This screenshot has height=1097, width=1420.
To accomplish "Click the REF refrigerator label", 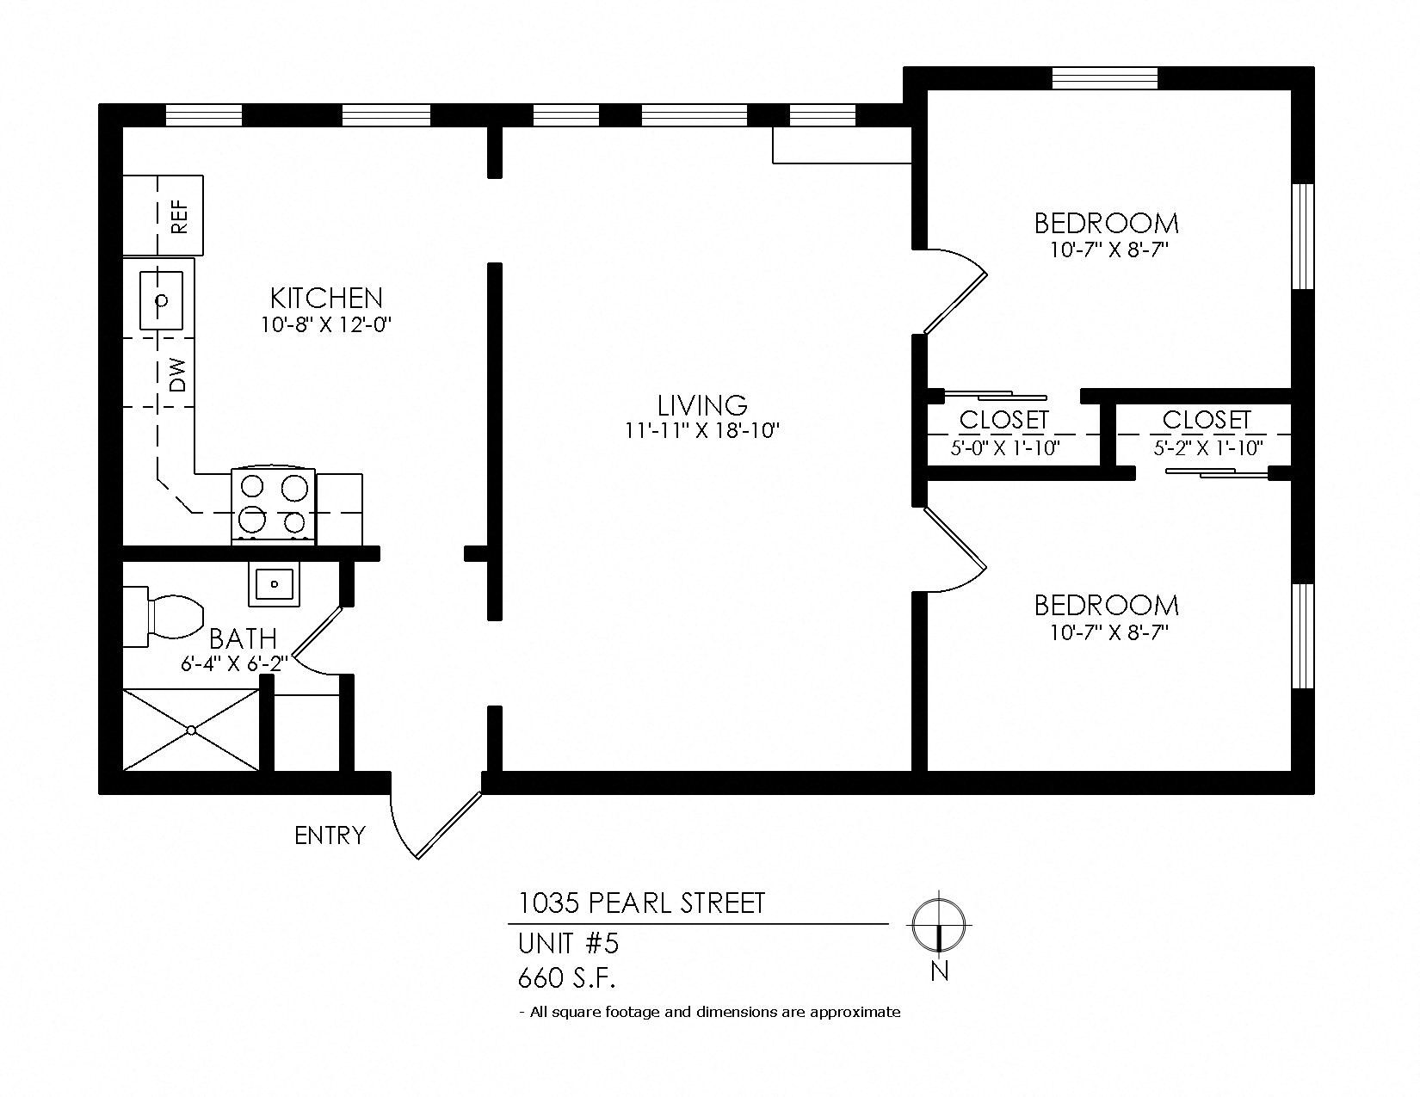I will pyautogui.click(x=179, y=216).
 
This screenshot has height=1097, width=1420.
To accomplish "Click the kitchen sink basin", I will pyautogui.click(x=162, y=300).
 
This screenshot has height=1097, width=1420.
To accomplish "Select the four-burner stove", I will pyautogui.click(x=274, y=506).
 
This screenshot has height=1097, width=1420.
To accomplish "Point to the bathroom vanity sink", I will pyautogui.click(x=275, y=584).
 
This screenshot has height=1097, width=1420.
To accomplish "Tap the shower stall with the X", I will pyautogui.click(x=191, y=730).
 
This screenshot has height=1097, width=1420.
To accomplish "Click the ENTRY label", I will pyautogui.click(x=330, y=835).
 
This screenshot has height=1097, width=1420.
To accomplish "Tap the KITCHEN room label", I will pyautogui.click(x=326, y=299).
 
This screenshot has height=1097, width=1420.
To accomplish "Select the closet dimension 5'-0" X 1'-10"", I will pyautogui.click(x=1004, y=448).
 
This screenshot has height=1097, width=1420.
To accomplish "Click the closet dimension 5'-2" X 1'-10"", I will pyautogui.click(x=1207, y=448).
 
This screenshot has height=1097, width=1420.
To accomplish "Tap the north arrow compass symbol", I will pyautogui.click(x=939, y=925).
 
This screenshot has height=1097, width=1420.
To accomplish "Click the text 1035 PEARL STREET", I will pyautogui.click(x=640, y=903).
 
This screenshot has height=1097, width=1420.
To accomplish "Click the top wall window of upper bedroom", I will pyautogui.click(x=1105, y=78).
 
